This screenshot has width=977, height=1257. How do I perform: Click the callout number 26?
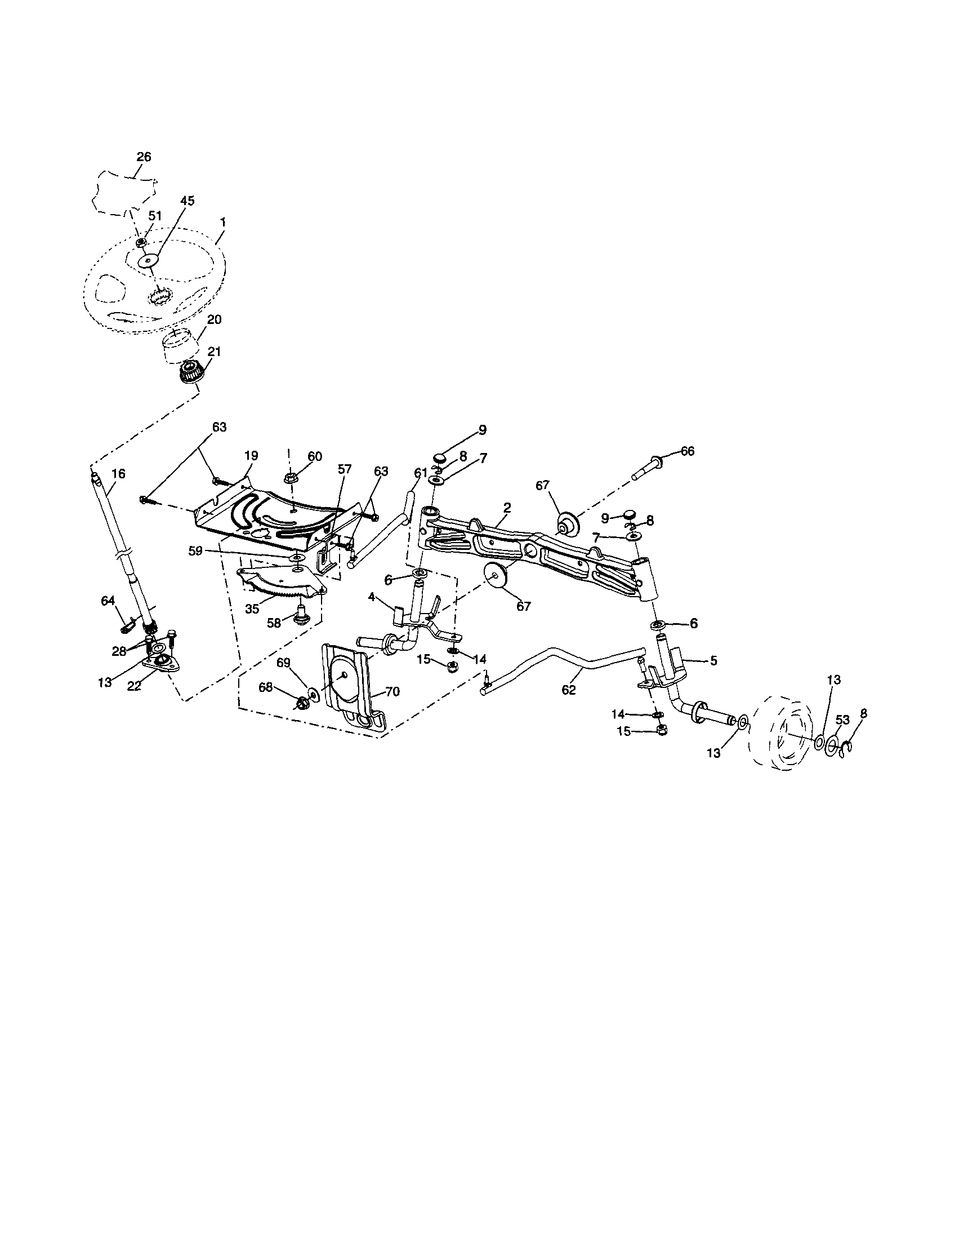(144, 157)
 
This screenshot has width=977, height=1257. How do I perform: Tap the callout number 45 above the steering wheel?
(187, 201)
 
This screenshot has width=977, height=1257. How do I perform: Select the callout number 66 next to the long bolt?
(688, 451)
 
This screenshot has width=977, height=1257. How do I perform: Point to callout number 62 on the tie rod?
(569, 690)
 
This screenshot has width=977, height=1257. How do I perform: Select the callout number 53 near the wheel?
(842, 720)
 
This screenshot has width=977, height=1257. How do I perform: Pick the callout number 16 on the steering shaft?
(118, 474)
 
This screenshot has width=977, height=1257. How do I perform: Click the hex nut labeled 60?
(291, 478)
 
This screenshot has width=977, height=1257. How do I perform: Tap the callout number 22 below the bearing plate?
(134, 686)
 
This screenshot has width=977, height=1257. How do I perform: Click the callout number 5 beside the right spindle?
(713, 661)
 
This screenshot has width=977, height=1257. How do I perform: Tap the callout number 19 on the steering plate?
(251, 455)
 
